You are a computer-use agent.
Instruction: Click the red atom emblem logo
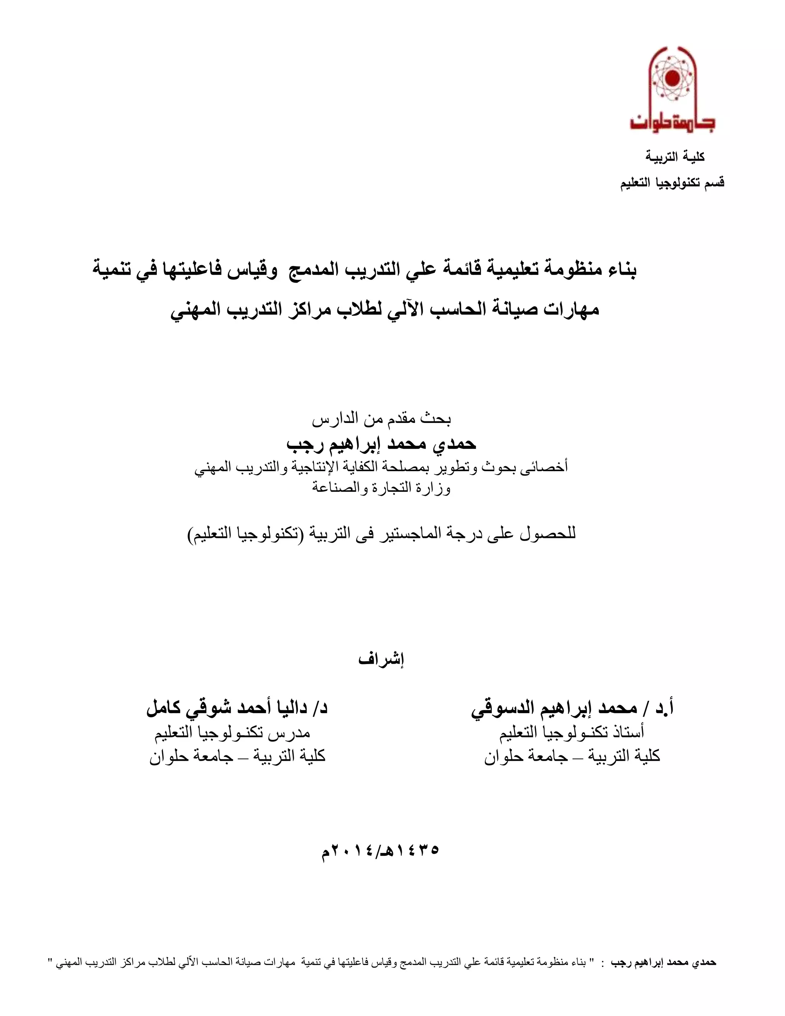[669, 79]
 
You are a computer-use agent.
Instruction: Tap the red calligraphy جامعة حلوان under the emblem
[672, 122]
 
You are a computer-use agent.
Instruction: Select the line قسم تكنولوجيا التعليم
[672, 183]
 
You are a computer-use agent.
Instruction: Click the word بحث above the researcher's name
[440, 419]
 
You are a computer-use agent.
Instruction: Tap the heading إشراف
[381, 659]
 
